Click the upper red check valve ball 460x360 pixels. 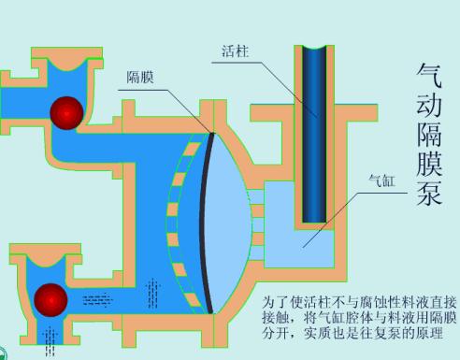pos(67,112)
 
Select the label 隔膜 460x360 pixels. pos(140,78)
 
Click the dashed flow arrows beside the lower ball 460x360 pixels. pos(94,300)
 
